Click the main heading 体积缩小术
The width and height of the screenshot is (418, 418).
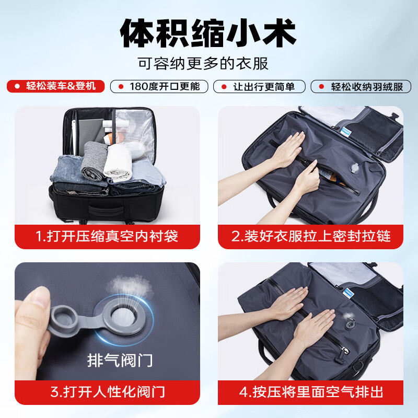coord(208,33)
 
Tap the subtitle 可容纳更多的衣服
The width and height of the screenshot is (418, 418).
coord(203,63)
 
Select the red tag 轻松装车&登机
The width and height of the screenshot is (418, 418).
coord(56,86)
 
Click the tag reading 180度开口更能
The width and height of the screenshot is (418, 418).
coord(159,87)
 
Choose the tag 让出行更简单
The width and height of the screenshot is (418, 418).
coord(259,87)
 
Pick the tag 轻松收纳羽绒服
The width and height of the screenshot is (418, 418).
coord(361,87)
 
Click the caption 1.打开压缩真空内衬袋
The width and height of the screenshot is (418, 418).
coord(107,236)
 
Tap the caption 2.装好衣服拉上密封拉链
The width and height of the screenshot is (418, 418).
coord(311,236)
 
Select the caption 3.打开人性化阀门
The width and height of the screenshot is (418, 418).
coord(108,392)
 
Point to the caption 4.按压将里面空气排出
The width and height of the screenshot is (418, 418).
coord(311,392)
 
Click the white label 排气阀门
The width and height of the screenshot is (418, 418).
coord(120,361)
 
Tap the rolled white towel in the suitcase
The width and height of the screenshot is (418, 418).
coord(118,162)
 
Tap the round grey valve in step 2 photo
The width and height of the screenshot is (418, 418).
coord(355,168)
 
